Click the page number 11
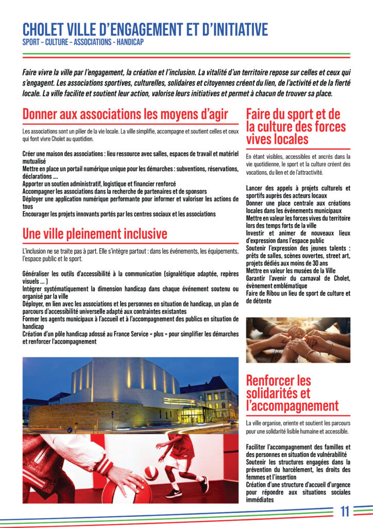345,511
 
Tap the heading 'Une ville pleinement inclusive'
95,234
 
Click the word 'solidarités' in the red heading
279,393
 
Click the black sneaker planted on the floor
175,492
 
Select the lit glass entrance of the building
194,415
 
